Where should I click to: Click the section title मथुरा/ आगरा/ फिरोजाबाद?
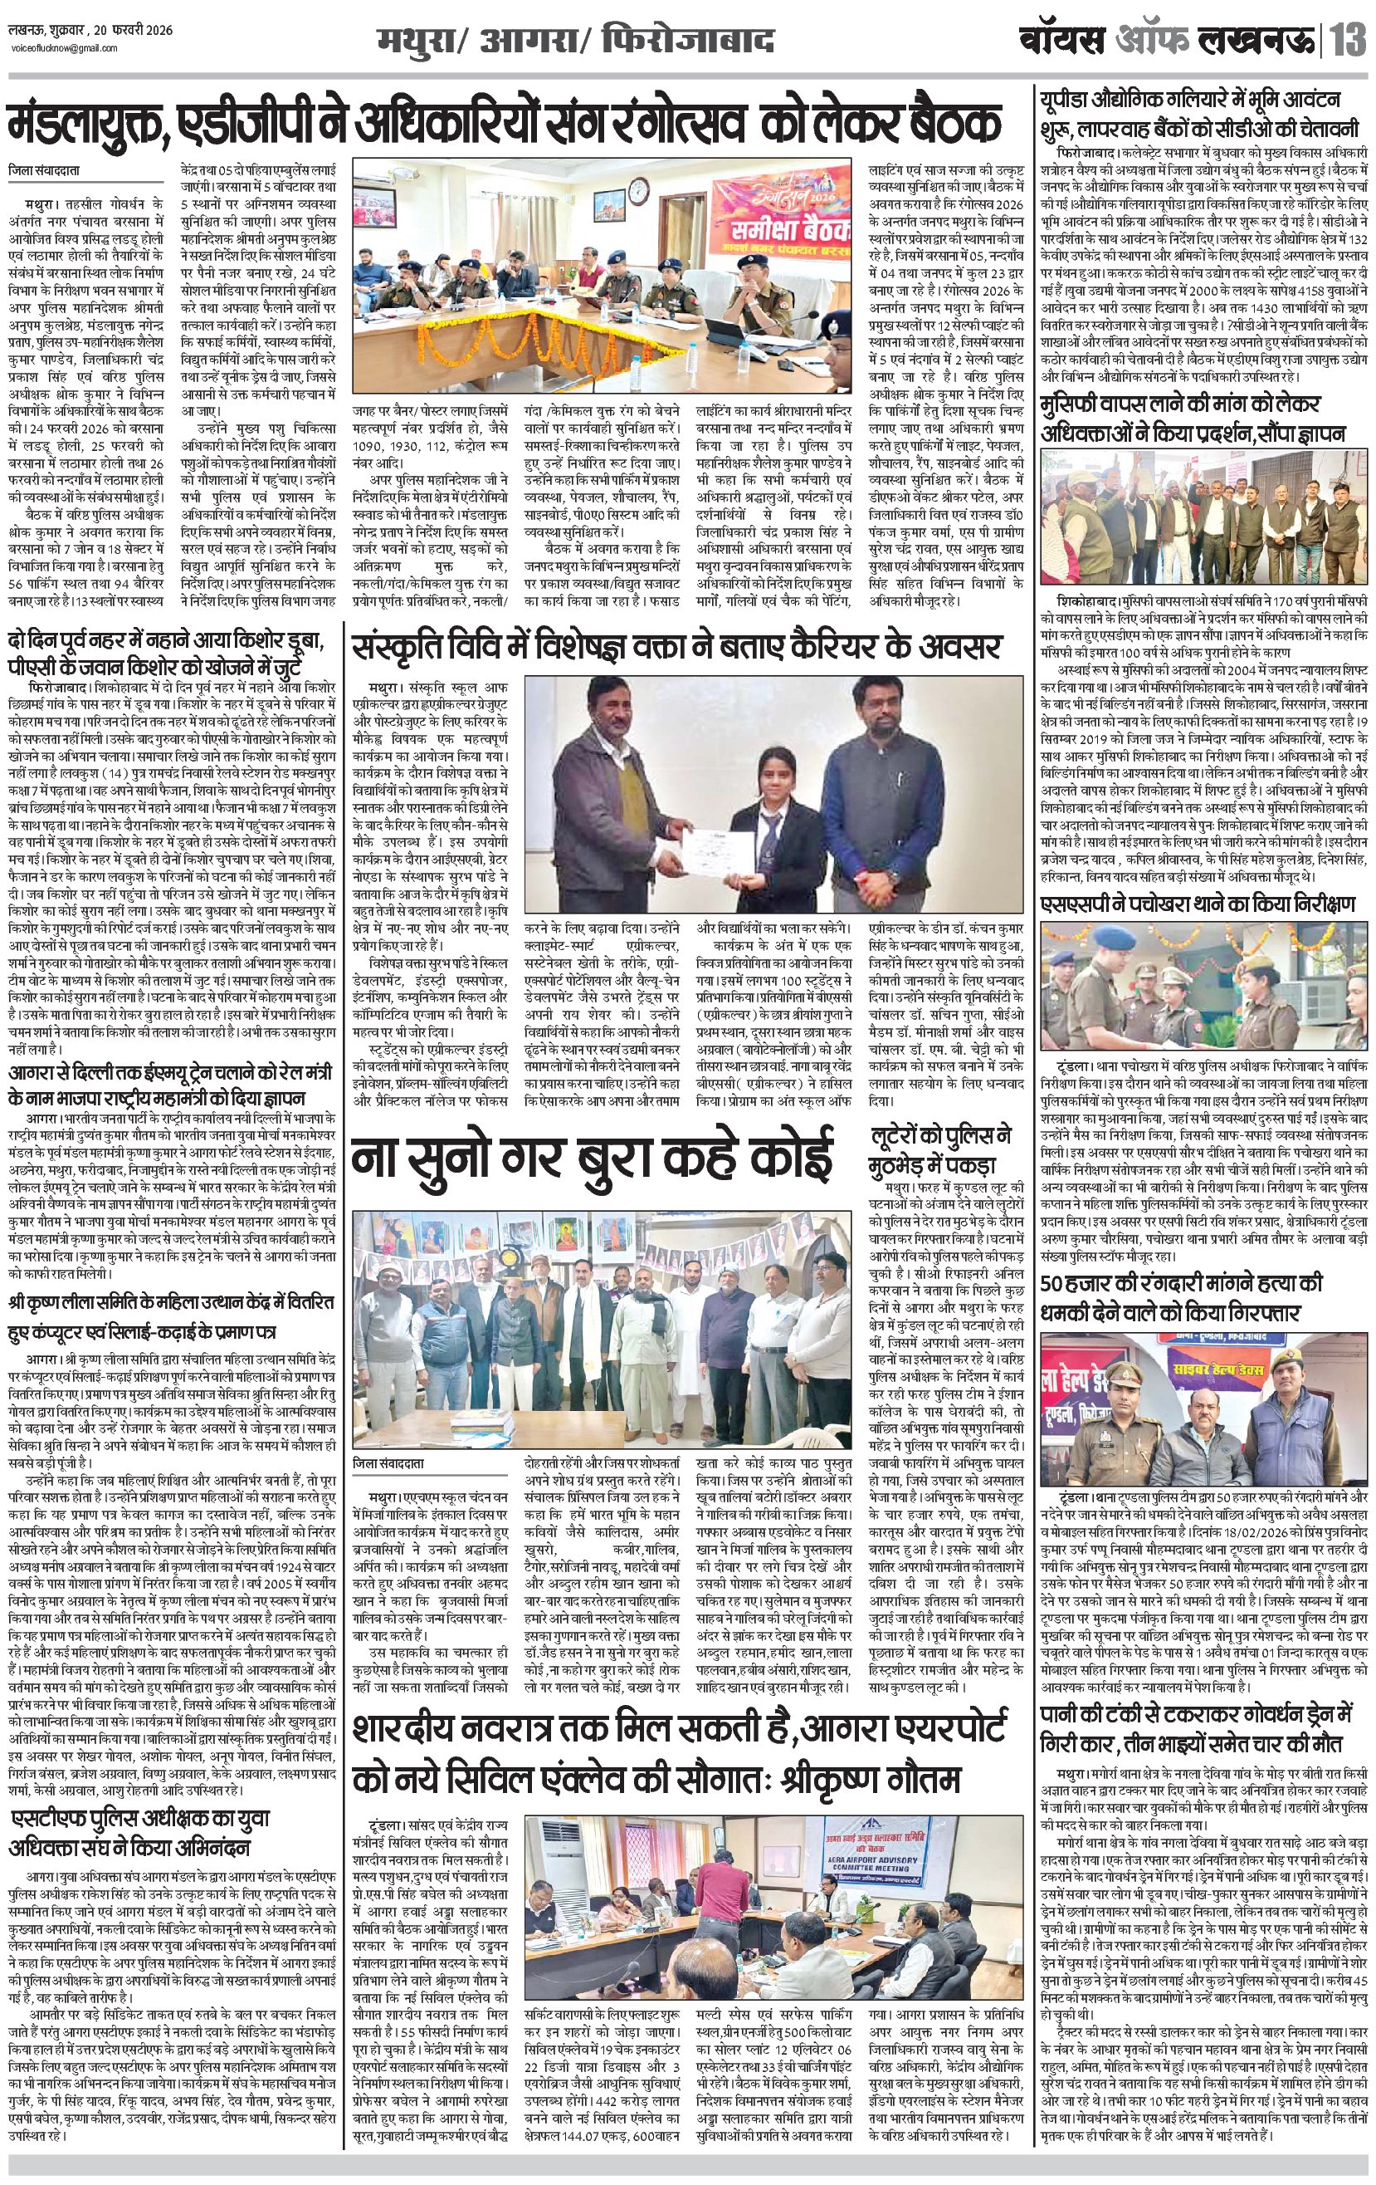577,42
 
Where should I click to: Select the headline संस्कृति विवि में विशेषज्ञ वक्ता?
676,647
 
